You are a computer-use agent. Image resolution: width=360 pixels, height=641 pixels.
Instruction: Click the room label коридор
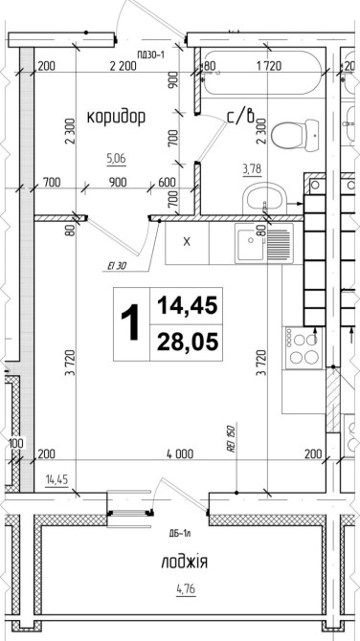tap(116, 118)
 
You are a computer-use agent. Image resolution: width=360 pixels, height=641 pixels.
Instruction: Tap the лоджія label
tap(184, 563)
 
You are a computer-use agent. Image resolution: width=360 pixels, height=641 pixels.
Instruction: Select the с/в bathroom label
tap(241, 116)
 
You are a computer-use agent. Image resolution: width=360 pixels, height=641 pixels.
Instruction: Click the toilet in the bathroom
tap(295, 135)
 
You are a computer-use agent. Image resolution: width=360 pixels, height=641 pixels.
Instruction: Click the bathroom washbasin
tap(264, 198)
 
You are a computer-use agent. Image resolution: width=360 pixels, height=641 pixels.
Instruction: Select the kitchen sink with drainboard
tap(264, 243)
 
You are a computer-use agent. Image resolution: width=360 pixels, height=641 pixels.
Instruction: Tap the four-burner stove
tap(304, 348)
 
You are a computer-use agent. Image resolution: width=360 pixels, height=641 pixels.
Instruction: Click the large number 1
tap(132, 323)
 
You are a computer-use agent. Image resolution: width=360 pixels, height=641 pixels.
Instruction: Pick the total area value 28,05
tap(187, 343)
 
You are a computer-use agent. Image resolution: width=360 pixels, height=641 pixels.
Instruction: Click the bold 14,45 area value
tap(187, 306)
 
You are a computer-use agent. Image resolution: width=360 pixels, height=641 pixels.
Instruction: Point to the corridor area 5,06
tap(116, 158)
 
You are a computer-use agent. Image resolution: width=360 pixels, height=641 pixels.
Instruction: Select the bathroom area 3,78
tap(253, 168)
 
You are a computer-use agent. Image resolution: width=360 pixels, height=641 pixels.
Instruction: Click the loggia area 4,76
tap(186, 590)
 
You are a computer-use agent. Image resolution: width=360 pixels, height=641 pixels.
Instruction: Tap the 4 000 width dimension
tap(180, 453)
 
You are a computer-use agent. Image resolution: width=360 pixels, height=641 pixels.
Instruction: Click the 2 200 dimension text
tap(123, 65)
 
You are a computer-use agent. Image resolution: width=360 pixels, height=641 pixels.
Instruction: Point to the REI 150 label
tap(231, 438)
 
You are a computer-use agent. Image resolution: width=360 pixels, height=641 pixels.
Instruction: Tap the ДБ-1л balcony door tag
tap(176, 534)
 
